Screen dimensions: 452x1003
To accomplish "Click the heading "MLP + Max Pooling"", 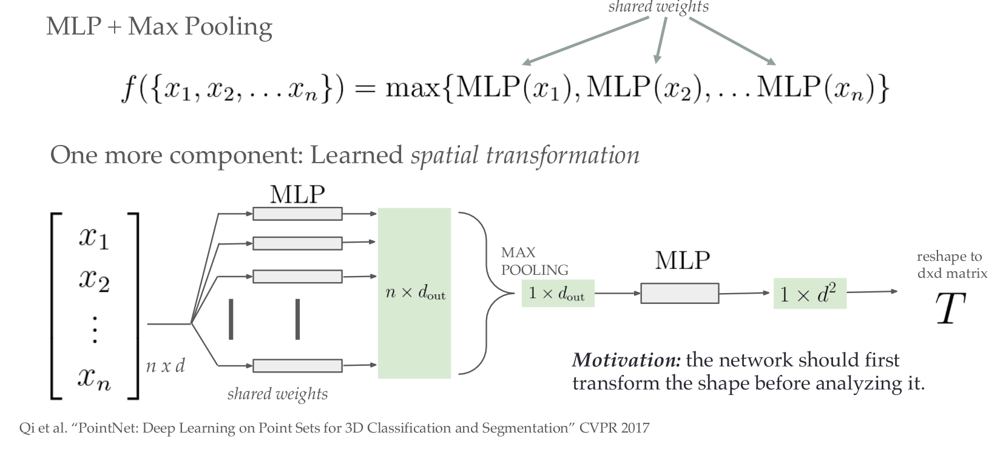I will pyautogui.click(x=159, y=27).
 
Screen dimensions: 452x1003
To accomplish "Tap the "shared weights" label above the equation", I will pyautogui.click(x=658, y=7).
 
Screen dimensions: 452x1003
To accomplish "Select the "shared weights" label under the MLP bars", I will pyautogui.click(x=277, y=394).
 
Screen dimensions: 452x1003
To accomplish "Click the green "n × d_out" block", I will pyautogui.click(x=414, y=294).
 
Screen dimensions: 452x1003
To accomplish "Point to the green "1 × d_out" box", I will pyautogui.click(x=557, y=293).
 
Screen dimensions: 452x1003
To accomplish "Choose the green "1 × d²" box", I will pyautogui.click(x=809, y=294).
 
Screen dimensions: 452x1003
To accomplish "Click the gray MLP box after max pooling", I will pyautogui.click(x=680, y=294).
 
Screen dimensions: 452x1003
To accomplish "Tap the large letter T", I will pyautogui.click(x=950, y=309).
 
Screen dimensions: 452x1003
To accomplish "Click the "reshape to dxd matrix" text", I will pyautogui.click(x=951, y=265).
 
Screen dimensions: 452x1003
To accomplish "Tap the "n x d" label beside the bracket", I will pyautogui.click(x=165, y=366).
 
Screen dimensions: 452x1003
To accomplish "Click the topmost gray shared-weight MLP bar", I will pyautogui.click(x=297, y=214).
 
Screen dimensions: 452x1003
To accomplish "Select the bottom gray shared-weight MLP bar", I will pyautogui.click(x=297, y=365).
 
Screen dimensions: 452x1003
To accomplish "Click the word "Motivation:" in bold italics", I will pyautogui.click(x=626, y=360).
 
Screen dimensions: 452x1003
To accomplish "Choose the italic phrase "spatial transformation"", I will pyautogui.click(x=525, y=155).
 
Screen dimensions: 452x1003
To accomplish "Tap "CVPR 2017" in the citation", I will pyautogui.click(x=614, y=428).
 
